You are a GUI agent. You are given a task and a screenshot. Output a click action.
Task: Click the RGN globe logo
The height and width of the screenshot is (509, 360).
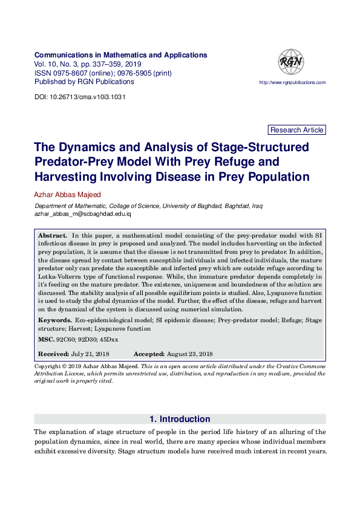point(291,62)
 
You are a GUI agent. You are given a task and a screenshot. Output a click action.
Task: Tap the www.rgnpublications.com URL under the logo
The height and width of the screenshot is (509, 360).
point(292,82)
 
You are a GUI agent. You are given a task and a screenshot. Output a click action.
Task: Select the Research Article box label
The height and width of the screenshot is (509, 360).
point(296,130)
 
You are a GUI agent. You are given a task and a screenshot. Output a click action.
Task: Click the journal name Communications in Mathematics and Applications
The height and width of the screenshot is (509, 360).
point(121,55)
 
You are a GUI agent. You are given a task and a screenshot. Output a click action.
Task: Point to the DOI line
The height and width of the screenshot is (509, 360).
point(80,97)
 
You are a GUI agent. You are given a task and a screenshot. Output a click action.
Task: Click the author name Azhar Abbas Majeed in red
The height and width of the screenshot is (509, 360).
point(68,195)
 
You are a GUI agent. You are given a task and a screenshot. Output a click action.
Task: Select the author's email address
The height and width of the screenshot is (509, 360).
point(83,214)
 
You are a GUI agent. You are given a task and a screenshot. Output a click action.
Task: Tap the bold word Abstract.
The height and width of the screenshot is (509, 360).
point(53,234)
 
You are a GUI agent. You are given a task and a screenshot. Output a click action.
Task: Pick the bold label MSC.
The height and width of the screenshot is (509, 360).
point(47,340)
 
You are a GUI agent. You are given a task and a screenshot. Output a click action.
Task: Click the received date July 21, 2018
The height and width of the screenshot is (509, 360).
point(91,354)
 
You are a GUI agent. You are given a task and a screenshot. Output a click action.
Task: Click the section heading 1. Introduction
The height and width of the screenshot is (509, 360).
point(180,419)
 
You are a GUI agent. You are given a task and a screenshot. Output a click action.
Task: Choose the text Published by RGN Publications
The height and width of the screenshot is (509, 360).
point(84,82)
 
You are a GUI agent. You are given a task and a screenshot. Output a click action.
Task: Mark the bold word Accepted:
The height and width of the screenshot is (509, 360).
point(149,354)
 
